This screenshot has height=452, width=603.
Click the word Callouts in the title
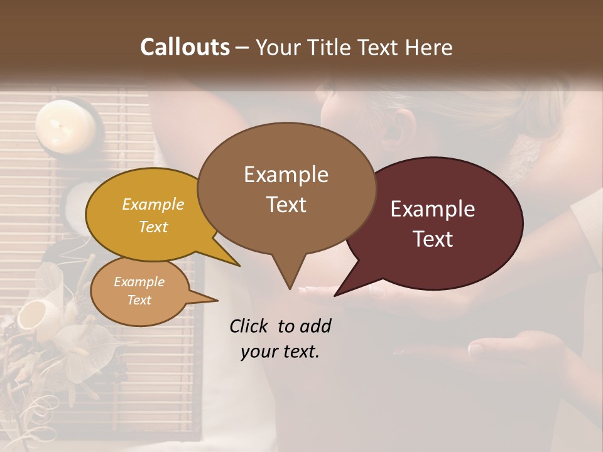(x=185, y=48)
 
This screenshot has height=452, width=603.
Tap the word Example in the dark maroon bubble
(x=433, y=209)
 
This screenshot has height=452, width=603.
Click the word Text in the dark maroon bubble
(x=433, y=239)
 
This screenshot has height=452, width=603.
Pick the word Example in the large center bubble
(x=286, y=175)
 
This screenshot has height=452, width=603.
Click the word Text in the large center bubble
(x=286, y=205)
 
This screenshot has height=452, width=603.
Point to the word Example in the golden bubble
(x=153, y=204)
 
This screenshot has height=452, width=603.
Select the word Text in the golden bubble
(x=153, y=227)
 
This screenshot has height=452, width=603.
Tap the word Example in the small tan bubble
(x=139, y=282)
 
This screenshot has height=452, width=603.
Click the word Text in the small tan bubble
(x=139, y=300)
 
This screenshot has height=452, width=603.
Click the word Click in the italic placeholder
(x=249, y=326)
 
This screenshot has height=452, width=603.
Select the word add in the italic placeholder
(x=317, y=326)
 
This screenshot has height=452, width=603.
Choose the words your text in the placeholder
(x=280, y=352)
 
